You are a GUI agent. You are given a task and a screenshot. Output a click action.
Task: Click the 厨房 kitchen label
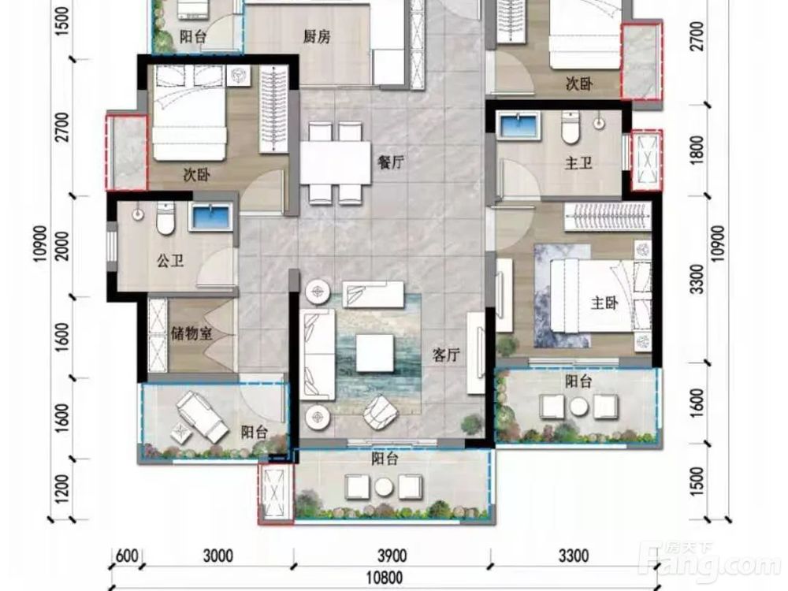click(x=317, y=37)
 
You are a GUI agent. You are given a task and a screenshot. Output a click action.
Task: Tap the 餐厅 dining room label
click(x=391, y=162)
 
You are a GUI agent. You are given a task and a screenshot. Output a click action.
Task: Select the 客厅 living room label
click(x=446, y=355)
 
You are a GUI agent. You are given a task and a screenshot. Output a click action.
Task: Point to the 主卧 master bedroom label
click(x=604, y=303)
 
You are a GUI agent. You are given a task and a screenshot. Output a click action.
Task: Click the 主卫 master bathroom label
click(x=578, y=163)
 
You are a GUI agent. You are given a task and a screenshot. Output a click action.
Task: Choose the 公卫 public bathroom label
click(x=170, y=260)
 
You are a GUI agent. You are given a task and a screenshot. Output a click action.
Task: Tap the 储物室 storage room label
click(x=191, y=333)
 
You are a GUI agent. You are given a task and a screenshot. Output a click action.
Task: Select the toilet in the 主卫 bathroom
click(x=571, y=128)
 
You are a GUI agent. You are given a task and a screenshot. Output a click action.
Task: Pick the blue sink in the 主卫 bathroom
click(x=519, y=125)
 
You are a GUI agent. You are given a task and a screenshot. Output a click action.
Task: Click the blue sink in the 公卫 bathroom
click(x=211, y=217)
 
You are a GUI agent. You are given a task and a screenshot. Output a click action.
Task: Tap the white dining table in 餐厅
click(x=335, y=163)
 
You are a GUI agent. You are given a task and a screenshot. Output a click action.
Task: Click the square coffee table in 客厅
click(x=375, y=353)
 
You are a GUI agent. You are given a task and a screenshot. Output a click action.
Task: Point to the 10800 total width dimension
click(x=384, y=578)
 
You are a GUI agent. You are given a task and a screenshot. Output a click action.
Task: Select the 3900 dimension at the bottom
click(x=392, y=556)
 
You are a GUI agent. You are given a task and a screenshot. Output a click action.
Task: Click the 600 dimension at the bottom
click(x=127, y=556)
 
